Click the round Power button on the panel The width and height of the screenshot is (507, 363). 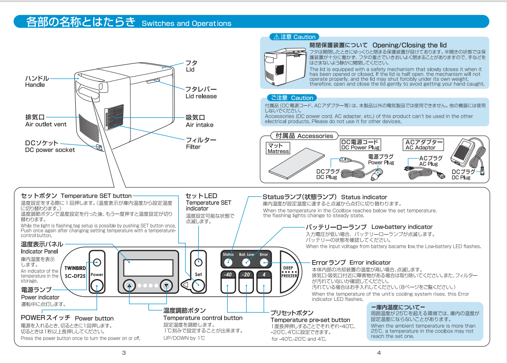[97, 285]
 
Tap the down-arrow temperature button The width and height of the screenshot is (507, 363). [166, 285]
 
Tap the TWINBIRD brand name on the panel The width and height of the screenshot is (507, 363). [75, 268]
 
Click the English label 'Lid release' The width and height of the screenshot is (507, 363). [201, 96]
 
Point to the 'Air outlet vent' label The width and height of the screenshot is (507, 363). [46, 124]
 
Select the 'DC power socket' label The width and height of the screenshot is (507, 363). [50, 150]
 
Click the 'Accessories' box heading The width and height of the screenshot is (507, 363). [304, 136]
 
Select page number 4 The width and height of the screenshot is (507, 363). [379, 353]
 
